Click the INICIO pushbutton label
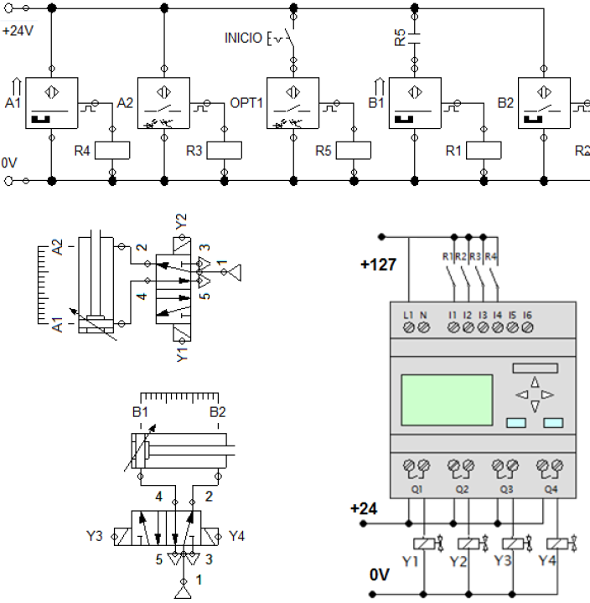[x=243, y=38]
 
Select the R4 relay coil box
[x=113, y=150]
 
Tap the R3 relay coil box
[x=224, y=150]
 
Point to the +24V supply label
[x=18, y=32]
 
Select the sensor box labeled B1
[x=415, y=103]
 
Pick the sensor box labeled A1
[x=51, y=103]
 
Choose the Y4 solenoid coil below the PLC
[x=556, y=543]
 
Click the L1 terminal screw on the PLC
[x=408, y=329]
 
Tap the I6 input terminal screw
[x=527, y=329]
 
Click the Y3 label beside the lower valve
[x=94, y=535]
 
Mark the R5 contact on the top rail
[x=415, y=39]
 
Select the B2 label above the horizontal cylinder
[x=217, y=412]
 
